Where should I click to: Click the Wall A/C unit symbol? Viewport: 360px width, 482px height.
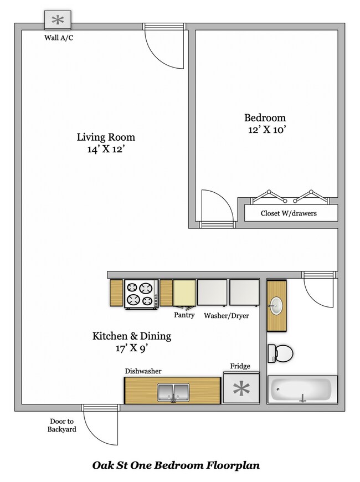[x=58, y=20]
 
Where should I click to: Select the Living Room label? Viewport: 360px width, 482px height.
[x=106, y=137]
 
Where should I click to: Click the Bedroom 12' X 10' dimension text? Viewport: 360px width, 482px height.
[x=265, y=130]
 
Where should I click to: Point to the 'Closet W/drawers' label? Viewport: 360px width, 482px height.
[x=289, y=213]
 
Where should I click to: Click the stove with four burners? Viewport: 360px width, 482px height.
[x=140, y=293]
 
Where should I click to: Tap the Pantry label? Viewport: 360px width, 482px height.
[x=184, y=315]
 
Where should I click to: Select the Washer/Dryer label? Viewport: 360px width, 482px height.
[x=227, y=315]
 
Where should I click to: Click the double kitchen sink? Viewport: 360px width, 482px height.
[x=174, y=392]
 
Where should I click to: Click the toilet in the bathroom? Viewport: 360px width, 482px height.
[x=279, y=352]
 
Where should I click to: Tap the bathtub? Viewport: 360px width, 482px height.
[x=302, y=389]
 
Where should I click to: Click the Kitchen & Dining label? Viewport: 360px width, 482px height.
[x=131, y=336]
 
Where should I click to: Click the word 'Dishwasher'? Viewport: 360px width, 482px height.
[x=143, y=371]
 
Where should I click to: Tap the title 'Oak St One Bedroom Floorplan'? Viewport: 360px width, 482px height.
[x=176, y=465]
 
